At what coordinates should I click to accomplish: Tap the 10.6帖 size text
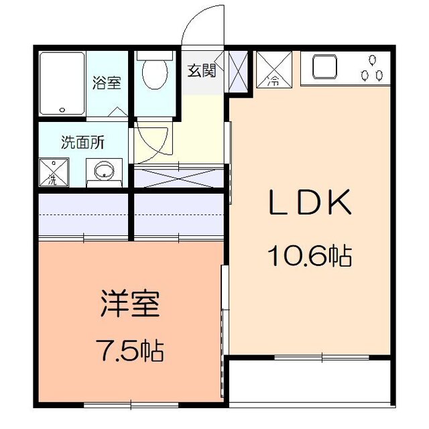pos(310,255)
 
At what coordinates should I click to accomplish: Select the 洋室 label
pos(130,304)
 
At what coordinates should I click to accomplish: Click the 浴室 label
pos(107,84)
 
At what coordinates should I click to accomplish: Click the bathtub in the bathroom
pos(62,84)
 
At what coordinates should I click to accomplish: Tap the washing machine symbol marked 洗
pos(53,172)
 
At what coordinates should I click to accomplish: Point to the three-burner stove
pos(371,68)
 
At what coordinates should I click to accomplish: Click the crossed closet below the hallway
pos(178,177)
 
